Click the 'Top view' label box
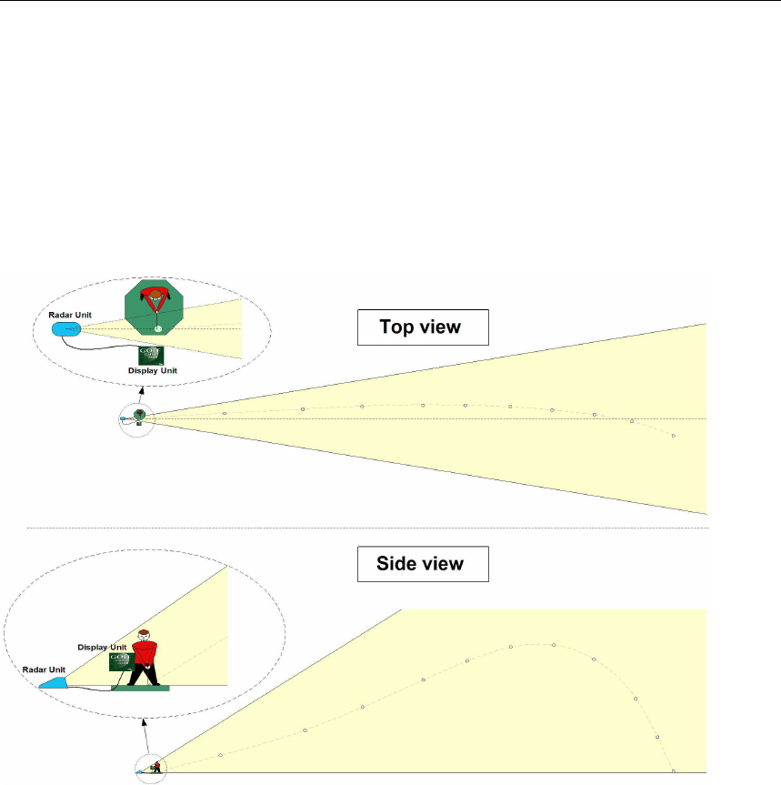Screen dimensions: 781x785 pyautogui.click(x=422, y=327)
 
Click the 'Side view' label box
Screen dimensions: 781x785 pyautogui.click(x=421, y=564)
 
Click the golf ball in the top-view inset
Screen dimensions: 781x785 pyautogui.click(x=159, y=329)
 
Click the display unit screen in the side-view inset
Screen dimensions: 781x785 pyautogui.click(x=121, y=661)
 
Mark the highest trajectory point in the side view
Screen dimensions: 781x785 pyautogui.click(x=553, y=645)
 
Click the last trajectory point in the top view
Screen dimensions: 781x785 pyautogui.click(x=673, y=436)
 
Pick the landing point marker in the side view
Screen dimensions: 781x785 pyautogui.click(x=673, y=770)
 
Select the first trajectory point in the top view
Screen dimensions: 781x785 pyautogui.click(x=224, y=414)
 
